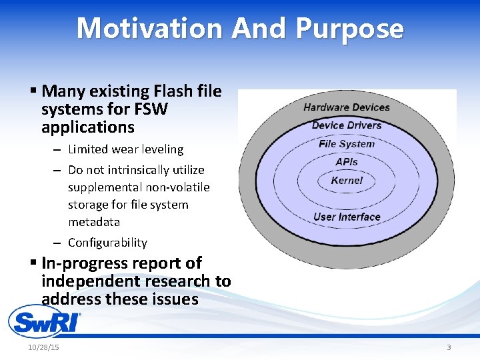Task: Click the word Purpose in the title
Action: click(x=349, y=29)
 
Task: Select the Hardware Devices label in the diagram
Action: click(x=347, y=107)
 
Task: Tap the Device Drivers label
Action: click(x=347, y=125)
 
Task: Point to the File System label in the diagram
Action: click(x=347, y=144)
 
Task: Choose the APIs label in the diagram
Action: click(x=347, y=162)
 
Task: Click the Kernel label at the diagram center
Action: click(x=347, y=181)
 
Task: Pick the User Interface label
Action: click(x=347, y=217)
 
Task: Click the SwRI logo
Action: click(x=44, y=322)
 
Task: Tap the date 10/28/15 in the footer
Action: click(x=43, y=347)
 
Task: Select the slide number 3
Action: click(x=449, y=347)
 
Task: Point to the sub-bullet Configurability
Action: click(x=107, y=243)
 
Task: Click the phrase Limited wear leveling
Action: click(x=125, y=149)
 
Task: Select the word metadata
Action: click(x=94, y=222)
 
